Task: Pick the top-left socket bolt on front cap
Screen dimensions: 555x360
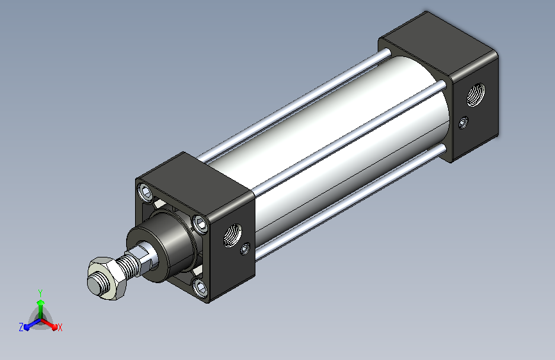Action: tap(146, 192)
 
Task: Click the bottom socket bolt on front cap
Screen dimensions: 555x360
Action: tap(200, 287)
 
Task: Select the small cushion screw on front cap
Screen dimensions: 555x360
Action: tap(245, 249)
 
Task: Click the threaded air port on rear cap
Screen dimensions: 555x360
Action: tap(476, 94)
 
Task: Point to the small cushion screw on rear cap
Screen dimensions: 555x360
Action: tap(463, 122)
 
